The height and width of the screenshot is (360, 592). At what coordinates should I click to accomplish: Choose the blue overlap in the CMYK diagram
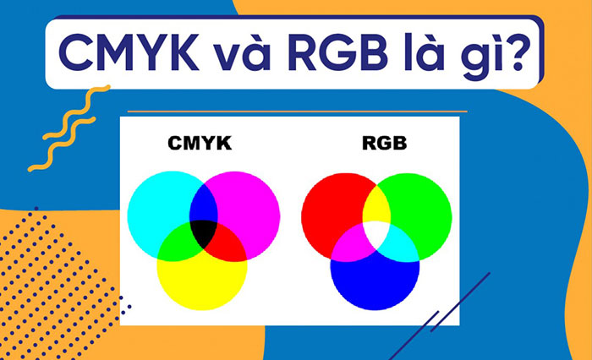pyautogui.click(x=204, y=204)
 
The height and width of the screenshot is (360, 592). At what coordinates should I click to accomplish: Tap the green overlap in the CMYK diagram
pyautogui.click(x=177, y=245)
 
